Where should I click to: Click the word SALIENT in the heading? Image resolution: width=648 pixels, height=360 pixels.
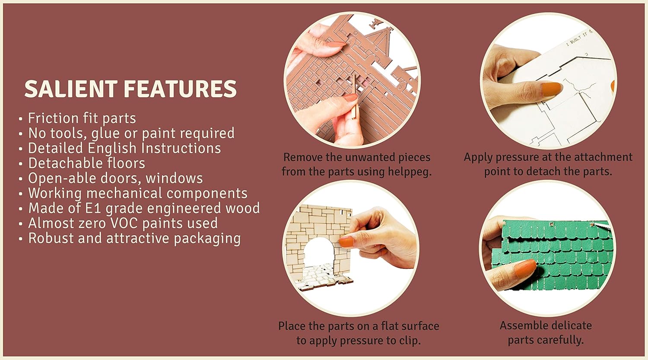click(71, 89)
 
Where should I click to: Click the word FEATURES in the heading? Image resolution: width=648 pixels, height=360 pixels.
click(180, 89)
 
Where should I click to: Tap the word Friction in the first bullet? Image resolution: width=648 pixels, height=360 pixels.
click(53, 118)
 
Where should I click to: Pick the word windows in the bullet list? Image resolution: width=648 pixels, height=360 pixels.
click(174, 178)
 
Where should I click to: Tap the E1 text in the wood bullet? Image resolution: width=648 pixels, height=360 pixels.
click(93, 208)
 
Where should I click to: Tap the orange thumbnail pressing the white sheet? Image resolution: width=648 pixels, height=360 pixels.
click(552, 89)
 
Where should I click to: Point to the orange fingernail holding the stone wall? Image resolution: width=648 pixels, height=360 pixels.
click(346, 241)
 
